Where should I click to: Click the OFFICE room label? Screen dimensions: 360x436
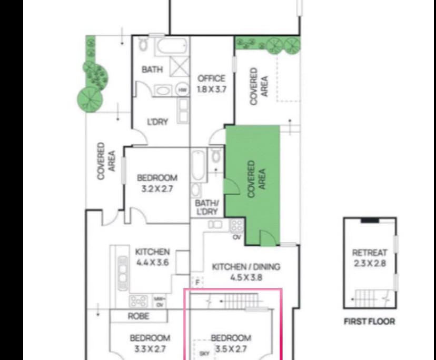(x=211, y=79)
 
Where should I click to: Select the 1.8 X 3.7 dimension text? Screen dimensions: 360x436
(x=211, y=89)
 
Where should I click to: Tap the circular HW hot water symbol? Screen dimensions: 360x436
(x=182, y=90)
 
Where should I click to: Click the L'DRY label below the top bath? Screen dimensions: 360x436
(x=157, y=122)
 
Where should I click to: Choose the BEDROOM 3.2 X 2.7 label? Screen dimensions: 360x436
(x=157, y=183)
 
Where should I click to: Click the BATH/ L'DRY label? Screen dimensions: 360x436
(x=206, y=207)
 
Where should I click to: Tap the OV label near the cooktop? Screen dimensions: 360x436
(x=236, y=237)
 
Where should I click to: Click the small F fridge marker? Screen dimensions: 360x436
(x=197, y=283)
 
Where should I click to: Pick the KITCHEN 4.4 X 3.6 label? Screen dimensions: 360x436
(x=152, y=257)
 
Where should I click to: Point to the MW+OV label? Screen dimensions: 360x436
(x=158, y=301)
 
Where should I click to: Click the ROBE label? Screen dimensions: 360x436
(x=138, y=316)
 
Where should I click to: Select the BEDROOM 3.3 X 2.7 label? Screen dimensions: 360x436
(x=150, y=343)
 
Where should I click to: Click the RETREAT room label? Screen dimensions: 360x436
(x=369, y=253)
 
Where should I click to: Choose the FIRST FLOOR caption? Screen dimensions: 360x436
(x=369, y=322)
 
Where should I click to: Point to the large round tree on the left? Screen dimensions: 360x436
(x=89, y=99)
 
